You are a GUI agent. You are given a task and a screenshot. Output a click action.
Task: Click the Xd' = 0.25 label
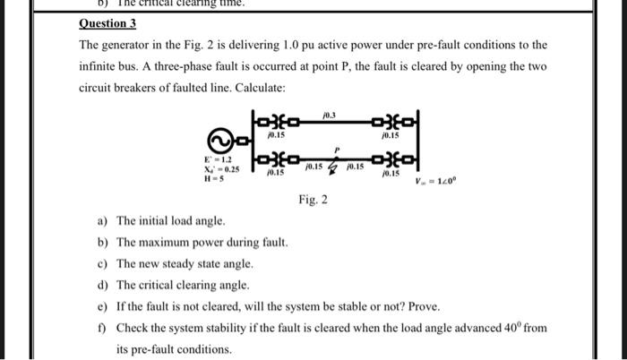point(220,168)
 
